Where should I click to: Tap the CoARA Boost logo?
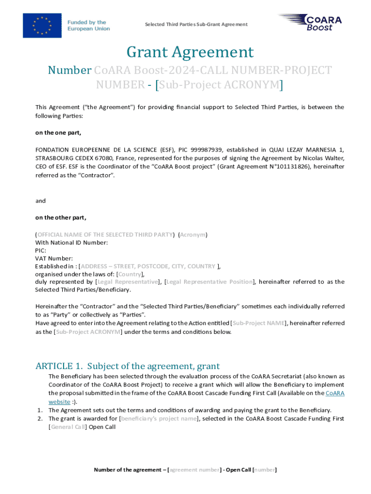tap(310, 23)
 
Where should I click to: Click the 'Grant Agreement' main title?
tap(190, 52)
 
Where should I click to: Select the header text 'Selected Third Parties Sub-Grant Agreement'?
tap(196, 24)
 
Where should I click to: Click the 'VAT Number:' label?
tap(54, 258)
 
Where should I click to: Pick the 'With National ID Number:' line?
tap(71, 242)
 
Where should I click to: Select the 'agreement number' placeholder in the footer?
tap(194, 469)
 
